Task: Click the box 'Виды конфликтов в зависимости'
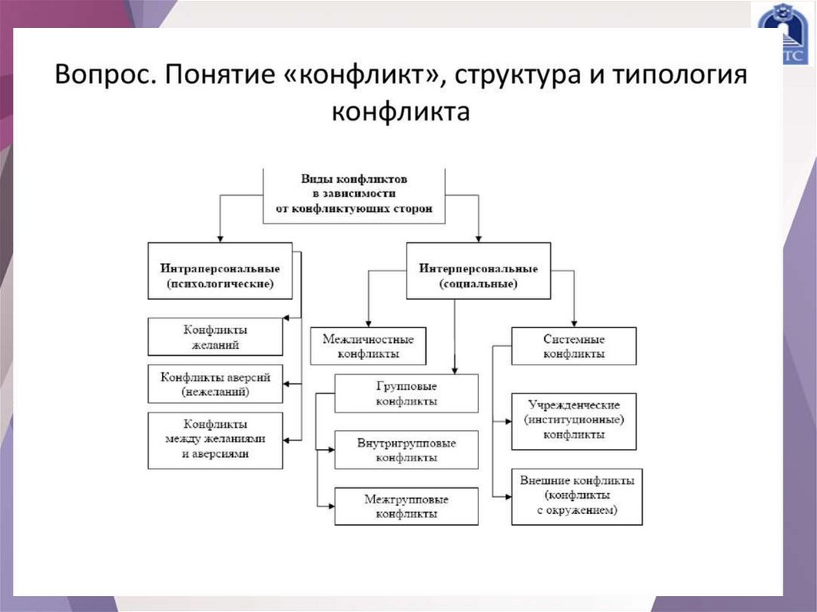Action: pyautogui.click(x=354, y=194)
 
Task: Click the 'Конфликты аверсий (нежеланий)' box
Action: pyautogui.click(x=215, y=384)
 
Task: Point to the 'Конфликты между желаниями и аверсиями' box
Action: pyautogui.click(x=215, y=440)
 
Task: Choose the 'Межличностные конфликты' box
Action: pyautogui.click(x=368, y=346)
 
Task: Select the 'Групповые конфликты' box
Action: pyautogui.click(x=406, y=393)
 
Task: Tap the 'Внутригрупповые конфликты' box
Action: pyautogui.click(x=406, y=450)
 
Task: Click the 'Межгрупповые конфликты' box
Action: pyautogui.click(x=406, y=507)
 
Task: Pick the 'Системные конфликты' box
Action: pyautogui.click(x=573, y=346)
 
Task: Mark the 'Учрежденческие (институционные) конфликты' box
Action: pyautogui.click(x=573, y=421)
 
